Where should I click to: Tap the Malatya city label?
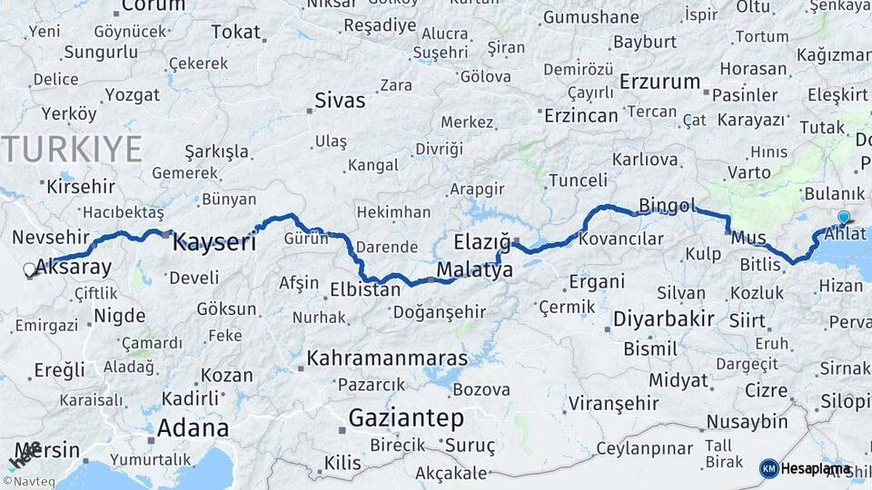click(474, 269)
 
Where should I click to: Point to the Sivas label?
click(340, 100)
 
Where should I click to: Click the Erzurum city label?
click(659, 82)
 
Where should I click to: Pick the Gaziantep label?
click(406, 418)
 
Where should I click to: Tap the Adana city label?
click(193, 427)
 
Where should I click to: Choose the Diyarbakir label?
click(663, 319)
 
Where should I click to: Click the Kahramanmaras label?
click(387, 358)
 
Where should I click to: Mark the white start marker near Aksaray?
click(30, 269)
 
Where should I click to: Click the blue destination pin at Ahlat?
click(844, 217)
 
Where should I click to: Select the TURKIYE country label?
click(73, 149)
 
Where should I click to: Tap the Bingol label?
click(667, 205)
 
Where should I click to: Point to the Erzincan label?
click(581, 115)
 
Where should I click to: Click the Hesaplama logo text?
click(816, 468)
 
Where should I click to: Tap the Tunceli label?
click(578, 181)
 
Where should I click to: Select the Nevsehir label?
click(52, 237)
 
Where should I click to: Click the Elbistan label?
click(364, 290)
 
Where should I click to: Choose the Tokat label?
click(235, 32)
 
